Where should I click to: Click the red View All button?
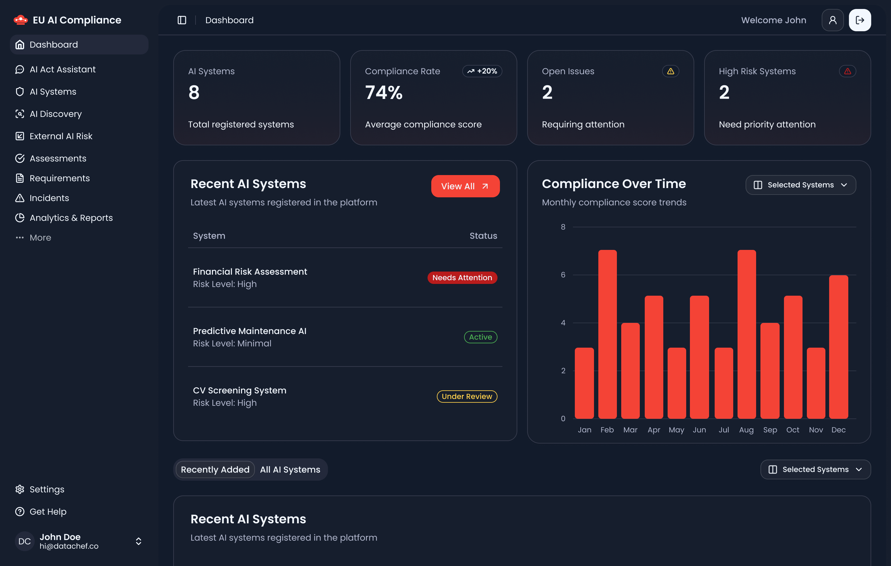pos(465,186)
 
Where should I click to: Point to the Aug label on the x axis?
pos(746,430)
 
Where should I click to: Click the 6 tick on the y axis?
pos(563,275)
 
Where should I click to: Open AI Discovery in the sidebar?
pos(55,114)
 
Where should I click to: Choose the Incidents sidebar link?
pos(49,198)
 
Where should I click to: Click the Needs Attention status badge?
pos(462,278)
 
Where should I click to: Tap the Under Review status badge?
pos(467,397)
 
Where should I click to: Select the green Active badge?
pos(480,337)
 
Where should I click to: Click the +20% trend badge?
pos(482,71)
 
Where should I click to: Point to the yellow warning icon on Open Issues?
pos(670,71)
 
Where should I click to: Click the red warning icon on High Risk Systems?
pos(847,71)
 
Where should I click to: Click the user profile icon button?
pos(833,20)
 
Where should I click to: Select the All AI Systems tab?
pos(290,470)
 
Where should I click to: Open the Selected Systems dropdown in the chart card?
pos(800,185)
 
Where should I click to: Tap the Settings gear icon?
pos(19,489)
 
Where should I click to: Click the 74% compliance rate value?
pos(384,92)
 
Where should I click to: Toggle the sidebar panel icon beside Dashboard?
pos(182,20)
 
